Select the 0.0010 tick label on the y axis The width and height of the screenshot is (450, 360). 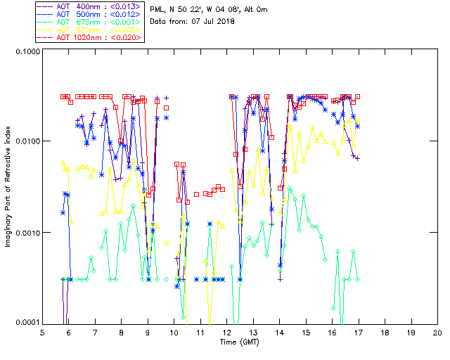(27, 233)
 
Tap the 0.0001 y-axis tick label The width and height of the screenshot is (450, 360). (27, 323)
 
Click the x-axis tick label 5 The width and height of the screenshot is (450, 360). (43, 333)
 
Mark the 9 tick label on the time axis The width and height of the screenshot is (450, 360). (148, 333)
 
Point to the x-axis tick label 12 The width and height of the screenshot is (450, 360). (226, 333)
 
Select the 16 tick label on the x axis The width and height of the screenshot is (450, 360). (332, 333)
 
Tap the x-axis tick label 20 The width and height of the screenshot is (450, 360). (437, 333)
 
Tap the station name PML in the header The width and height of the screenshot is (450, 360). (159, 9)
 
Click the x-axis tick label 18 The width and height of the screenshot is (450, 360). (385, 333)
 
